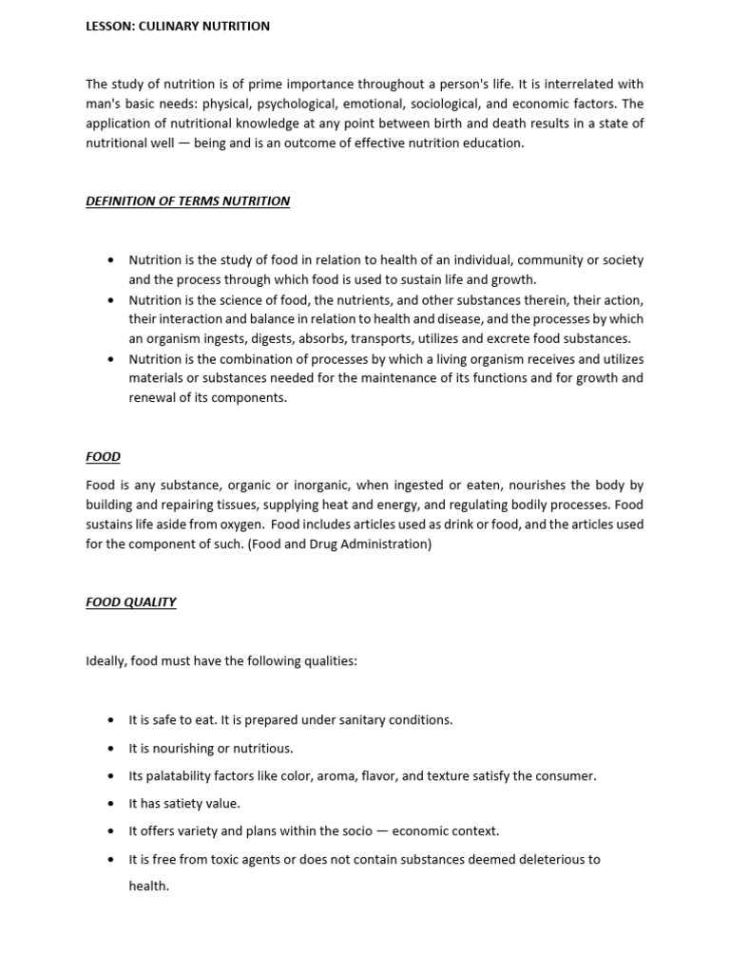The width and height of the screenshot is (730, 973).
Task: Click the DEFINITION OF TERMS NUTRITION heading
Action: pyautogui.click(x=188, y=201)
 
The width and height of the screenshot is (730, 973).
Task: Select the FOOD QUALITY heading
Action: pyautogui.click(x=131, y=602)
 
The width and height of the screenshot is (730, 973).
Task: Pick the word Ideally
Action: pyautogui.click(x=106, y=660)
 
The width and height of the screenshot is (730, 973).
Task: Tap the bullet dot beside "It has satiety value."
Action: pyautogui.click(x=111, y=804)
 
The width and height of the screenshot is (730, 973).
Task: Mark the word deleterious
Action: pyautogui.click(x=542, y=859)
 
